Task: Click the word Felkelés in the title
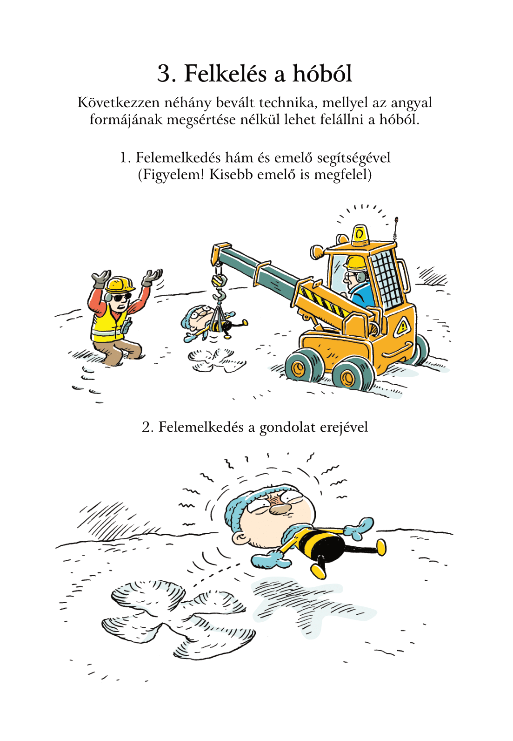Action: [x=225, y=74]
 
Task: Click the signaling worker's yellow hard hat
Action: [x=119, y=284]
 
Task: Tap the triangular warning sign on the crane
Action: [x=402, y=327]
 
